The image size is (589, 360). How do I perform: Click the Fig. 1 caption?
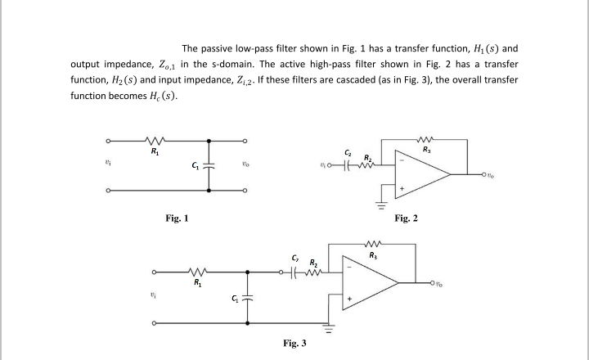(x=178, y=218)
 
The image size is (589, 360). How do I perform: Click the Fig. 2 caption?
(x=407, y=218)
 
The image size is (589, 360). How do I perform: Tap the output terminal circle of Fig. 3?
(x=430, y=284)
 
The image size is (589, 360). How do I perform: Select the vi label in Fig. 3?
(x=153, y=298)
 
